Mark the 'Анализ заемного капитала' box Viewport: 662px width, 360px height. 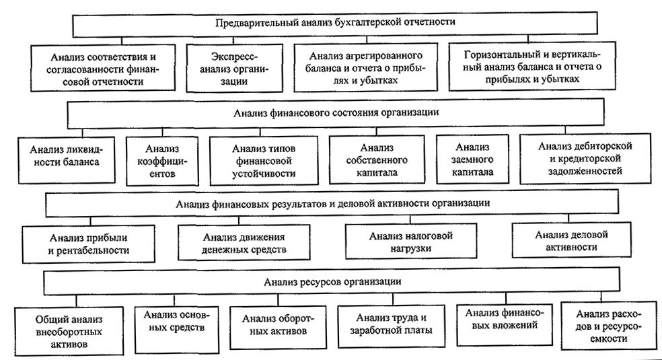pos(474,159)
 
